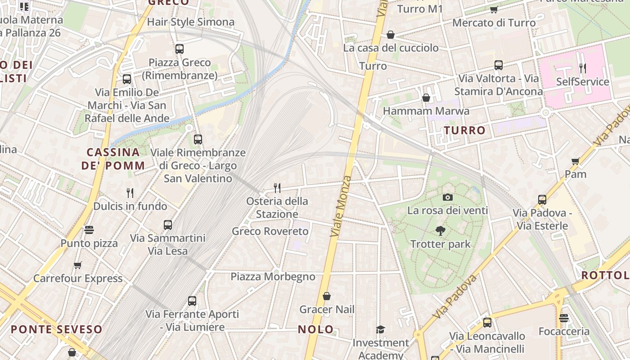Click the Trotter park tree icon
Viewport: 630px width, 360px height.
441,231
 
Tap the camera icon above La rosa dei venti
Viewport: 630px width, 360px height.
447,197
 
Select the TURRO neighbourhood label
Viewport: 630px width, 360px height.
465,130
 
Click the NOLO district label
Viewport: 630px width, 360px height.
316,329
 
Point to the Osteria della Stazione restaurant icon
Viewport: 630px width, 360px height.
277,188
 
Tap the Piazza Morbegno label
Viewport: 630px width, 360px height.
273,276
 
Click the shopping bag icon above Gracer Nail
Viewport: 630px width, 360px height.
327,296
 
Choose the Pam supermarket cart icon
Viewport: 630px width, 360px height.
575,161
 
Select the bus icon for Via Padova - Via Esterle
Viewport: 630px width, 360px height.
542,199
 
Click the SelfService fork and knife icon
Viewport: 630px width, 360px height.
583,68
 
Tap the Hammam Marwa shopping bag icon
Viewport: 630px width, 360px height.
426,98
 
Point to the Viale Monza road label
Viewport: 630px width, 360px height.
341,207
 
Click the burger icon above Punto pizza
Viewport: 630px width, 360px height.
89,230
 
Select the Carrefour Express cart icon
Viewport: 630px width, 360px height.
78,265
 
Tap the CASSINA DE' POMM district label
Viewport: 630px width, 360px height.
113,159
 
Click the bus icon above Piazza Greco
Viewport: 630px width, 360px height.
180,49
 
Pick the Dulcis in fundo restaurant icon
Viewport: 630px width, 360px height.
130,193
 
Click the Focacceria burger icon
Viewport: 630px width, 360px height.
564,319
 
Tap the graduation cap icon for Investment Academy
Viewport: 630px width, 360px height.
380,329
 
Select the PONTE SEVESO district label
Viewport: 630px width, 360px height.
57,329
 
